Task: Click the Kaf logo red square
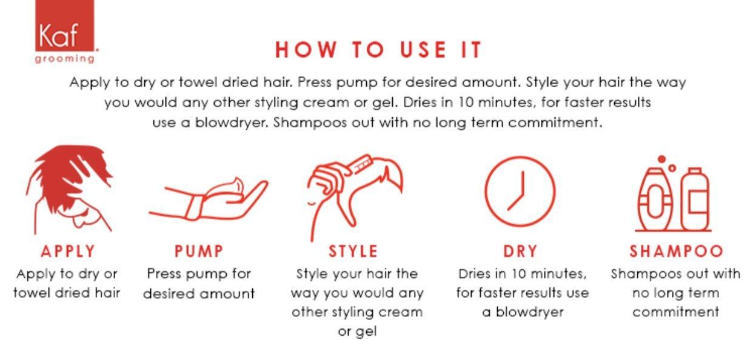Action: (x=65, y=25)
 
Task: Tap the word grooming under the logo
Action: (x=65, y=59)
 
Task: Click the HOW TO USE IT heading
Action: (x=378, y=50)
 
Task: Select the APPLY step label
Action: (x=68, y=251)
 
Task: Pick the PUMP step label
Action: (x=199, y=251)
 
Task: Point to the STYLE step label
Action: (x=353, y=251)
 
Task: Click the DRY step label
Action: (x=520, y=251)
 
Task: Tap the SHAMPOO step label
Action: (x=677, y=251)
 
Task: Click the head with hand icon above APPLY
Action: (x=69, y=188)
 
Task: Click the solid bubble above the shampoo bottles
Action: (x=661, y=159)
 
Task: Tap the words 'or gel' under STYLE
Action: (x=357, y=332)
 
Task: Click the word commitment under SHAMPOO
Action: (x=675, y=312)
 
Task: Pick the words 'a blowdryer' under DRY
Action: (x=523, y=312)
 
